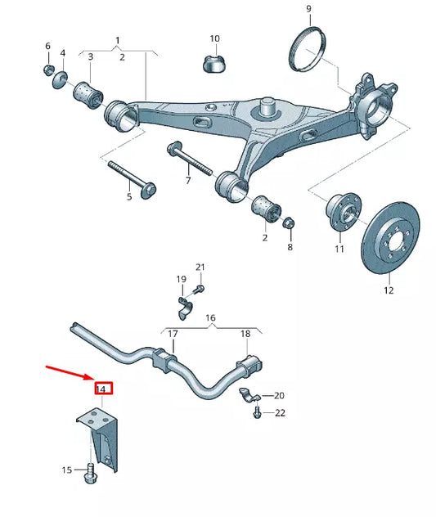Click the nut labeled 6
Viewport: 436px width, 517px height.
(x=49, y=70)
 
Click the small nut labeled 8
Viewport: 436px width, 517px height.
(x=288, y=223)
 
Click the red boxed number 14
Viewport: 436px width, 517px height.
(x=102, y=388)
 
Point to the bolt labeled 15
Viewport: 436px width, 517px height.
(x=89, y=471)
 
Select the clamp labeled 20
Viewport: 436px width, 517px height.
(x=247, y=396)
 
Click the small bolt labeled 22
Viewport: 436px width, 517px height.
(x=259, y=413)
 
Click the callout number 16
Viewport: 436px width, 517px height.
(x=209, y=317)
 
